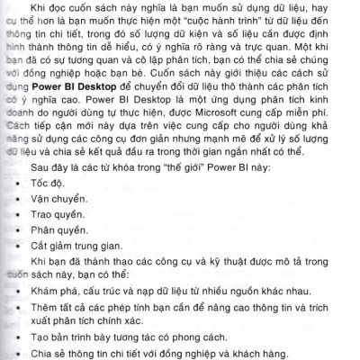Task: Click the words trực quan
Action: pos(297,48)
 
